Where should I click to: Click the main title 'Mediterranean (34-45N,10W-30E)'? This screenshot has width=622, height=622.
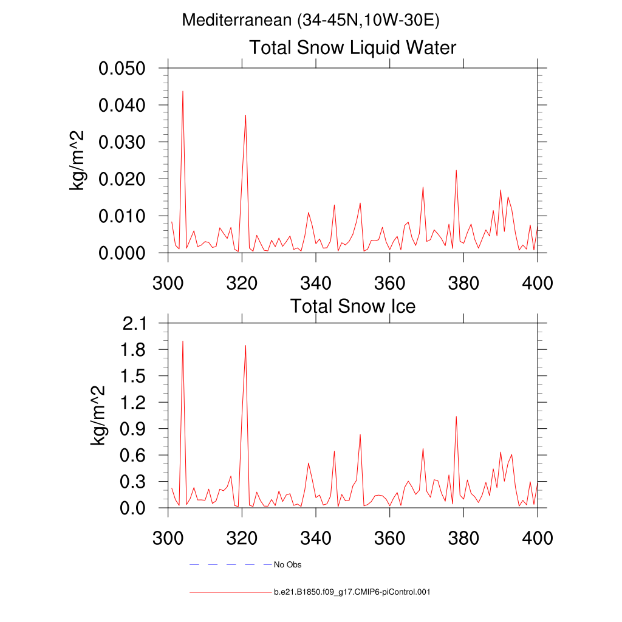(x=310, y=20)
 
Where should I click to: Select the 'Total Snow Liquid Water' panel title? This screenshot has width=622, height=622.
(x=352, y=47)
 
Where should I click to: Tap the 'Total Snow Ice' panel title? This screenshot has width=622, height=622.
(x=352, y=306)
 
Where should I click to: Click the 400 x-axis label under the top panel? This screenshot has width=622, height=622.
(x=538, y=283)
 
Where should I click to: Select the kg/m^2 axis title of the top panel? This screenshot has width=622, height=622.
(x=78, y=160)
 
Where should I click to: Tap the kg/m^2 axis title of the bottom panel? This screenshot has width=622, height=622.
(x=98, y=415)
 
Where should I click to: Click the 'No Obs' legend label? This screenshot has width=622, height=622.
(x=287, y=565)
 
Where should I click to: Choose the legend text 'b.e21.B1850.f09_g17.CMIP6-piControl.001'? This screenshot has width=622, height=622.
(x=352, y=592)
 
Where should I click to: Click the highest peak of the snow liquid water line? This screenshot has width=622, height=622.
(x=183, y=91)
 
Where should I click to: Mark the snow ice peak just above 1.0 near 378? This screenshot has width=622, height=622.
(x=456, y=417)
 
